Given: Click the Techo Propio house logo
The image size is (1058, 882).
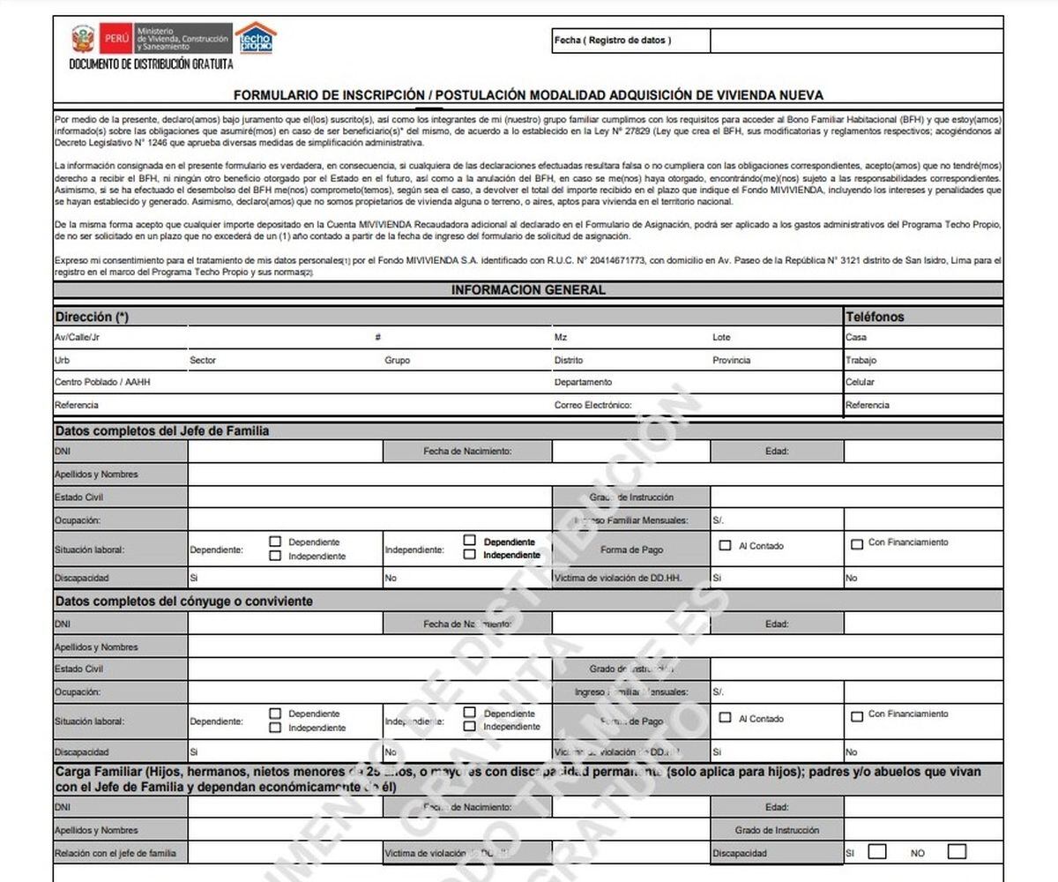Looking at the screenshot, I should point(256,38).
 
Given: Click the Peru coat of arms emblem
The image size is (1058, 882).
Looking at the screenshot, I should point(83,39).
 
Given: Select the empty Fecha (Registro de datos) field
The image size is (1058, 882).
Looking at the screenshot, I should point(856,41).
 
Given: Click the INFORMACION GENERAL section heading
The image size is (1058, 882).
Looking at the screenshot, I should point(527,290).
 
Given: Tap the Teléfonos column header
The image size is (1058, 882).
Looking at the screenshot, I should point(875,317).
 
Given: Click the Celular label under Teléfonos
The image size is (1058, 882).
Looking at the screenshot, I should point(860,383).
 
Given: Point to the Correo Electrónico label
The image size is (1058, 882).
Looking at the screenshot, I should point(592,406).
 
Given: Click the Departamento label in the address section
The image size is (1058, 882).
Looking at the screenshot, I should point(583,383).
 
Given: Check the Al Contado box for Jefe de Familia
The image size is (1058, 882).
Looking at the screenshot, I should point(726,546).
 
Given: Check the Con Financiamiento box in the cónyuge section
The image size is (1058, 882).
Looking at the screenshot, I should point(856,716).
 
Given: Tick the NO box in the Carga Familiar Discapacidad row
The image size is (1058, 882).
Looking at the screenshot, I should point(957,852).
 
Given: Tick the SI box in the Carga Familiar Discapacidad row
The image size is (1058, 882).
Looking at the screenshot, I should point(877,852).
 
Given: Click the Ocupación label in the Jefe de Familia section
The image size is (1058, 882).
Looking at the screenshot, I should point(78,521).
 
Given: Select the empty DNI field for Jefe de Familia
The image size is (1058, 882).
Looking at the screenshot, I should point(285,452).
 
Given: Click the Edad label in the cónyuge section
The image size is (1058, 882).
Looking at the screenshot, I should point(777,624).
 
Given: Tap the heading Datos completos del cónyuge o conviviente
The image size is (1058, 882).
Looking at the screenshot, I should point(183,602).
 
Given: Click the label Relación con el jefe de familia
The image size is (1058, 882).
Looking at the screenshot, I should point(115,854).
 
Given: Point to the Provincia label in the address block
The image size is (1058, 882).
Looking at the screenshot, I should point(731,361).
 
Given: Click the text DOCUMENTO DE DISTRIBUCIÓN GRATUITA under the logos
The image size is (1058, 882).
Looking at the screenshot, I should point(151,65).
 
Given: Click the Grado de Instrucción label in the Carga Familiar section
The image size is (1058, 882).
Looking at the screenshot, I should point(777,831).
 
